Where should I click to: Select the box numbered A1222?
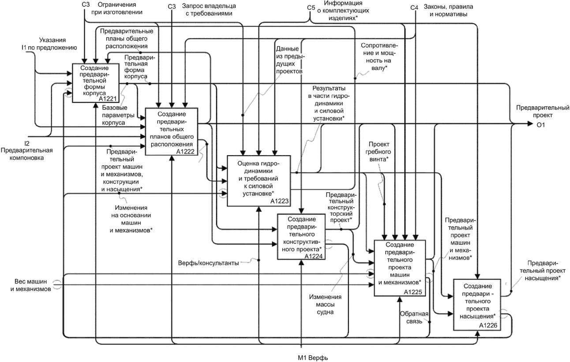click(x=171, y=131)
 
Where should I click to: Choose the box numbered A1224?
click(x=301, y=237)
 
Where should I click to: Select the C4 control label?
click(x=414, y=7)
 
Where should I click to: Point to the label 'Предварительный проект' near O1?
click(x=542, y=112)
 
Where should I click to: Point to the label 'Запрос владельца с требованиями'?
click(x=207, y=10)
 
